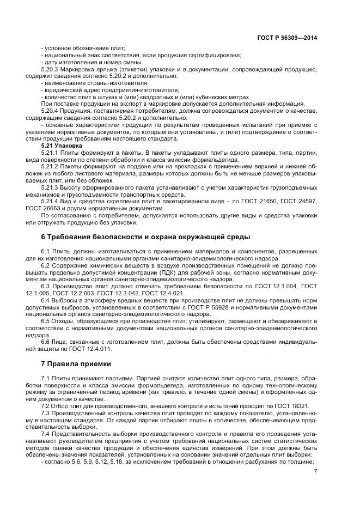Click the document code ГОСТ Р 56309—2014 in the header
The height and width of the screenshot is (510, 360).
pos(286,38)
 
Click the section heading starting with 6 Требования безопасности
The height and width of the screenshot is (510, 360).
pos(146,238)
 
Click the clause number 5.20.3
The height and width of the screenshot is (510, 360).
pos(51,69)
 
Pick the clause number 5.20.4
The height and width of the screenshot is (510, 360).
pos(51,111)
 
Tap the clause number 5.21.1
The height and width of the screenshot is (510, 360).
pos(51,153)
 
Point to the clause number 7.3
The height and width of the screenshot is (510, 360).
pos(46,413)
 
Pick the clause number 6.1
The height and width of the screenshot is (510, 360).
pos(46,251)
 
